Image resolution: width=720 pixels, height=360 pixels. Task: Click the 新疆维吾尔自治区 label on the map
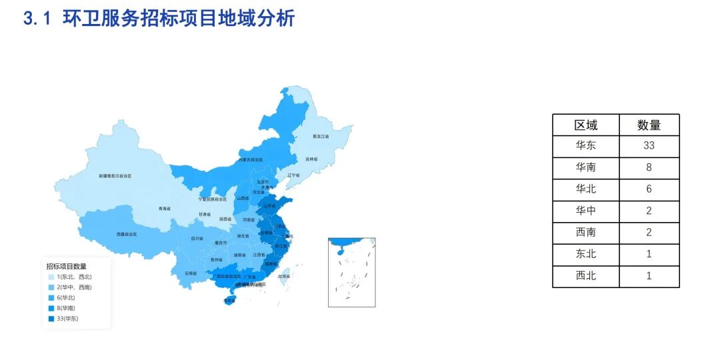115,176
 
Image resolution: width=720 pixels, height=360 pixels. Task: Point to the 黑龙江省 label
321,136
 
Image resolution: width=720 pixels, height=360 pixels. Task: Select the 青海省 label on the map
165,209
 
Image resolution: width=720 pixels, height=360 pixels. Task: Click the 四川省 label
197,238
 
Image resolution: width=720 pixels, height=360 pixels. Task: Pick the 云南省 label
191,273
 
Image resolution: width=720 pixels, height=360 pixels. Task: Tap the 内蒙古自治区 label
251,160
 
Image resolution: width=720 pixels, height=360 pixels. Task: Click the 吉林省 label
311,159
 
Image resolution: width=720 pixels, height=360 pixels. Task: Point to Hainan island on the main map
229,300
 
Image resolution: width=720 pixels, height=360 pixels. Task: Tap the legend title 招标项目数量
66,266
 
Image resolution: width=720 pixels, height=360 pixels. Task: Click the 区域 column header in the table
586,125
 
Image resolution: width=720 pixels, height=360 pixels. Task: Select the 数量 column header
649,125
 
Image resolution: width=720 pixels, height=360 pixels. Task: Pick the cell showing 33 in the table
649,145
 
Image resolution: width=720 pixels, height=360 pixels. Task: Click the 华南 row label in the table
586,167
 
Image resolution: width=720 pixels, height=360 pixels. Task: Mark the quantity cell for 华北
649,189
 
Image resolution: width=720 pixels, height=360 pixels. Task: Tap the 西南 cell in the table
586,232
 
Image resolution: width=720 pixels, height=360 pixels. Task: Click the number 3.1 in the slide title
37,19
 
